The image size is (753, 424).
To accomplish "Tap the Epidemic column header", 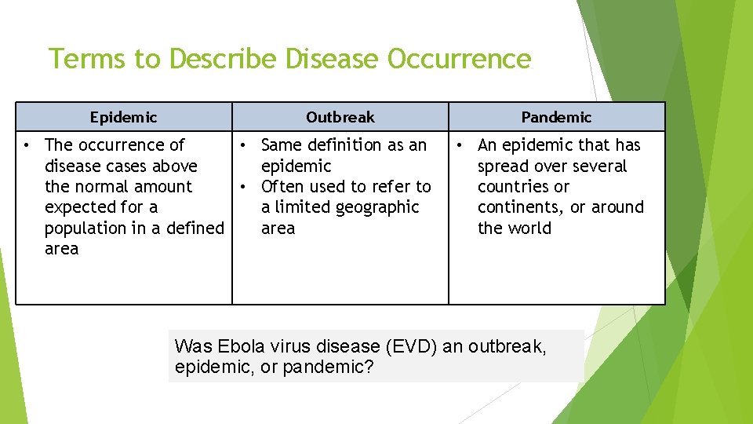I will [x=123, y=117].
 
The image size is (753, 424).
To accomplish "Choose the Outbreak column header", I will [x=340, y=117].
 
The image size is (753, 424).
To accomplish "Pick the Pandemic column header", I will [x=556, y=117].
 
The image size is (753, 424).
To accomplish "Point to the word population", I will [x=83, y=228].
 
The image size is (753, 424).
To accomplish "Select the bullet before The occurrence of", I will [x=27, y=145].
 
